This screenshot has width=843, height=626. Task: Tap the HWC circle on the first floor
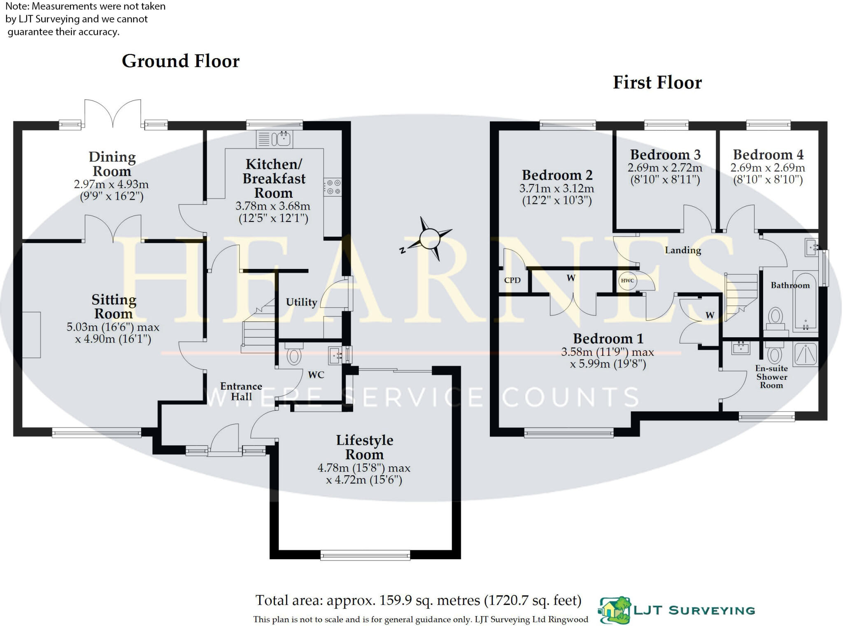627,280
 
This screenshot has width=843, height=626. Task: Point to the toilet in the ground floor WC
294,355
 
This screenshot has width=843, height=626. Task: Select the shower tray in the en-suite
806,354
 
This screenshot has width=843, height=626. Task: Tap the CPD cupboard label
512,280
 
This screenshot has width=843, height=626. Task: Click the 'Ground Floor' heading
180,61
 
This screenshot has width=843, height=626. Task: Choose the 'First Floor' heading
657,82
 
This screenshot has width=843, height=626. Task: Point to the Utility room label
301,302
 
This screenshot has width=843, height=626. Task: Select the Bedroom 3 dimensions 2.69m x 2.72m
665,168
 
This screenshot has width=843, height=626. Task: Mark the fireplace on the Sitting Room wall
31,335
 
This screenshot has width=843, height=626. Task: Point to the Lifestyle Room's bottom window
366,555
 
